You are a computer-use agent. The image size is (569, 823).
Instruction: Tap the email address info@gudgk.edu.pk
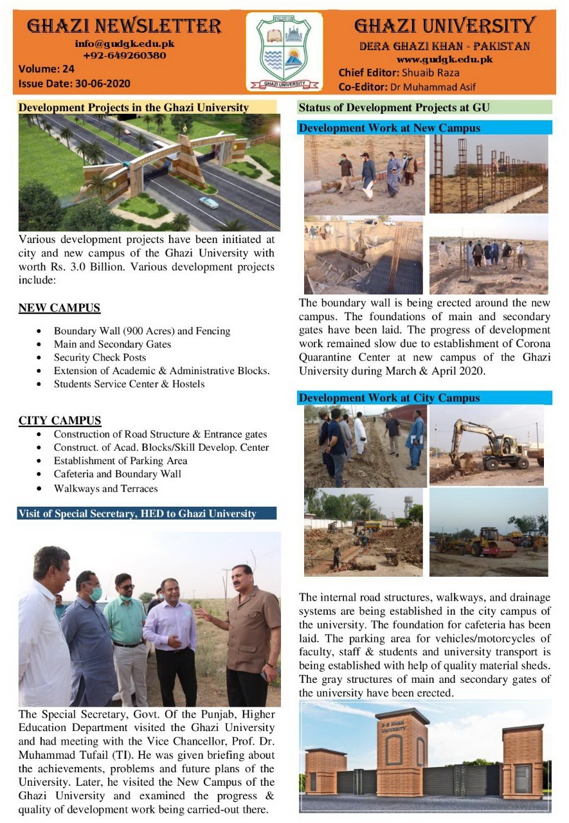click(x=124, y=44)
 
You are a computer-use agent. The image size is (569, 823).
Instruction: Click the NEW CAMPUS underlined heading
click(x=59, y=308)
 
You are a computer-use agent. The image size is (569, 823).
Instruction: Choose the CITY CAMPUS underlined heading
click(x=60, y=421)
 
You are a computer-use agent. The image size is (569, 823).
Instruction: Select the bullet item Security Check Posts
click(x=100, y=357)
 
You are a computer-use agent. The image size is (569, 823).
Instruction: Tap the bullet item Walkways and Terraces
click(x=105, y=488)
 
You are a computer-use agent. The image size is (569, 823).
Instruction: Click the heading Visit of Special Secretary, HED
click(x=137, y=513)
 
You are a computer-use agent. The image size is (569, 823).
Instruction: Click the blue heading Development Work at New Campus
click(x=390, y=128)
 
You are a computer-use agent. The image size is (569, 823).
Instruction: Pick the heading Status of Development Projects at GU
click(x=393, y=107)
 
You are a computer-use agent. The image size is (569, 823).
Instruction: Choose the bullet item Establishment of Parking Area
click(x=120, y=460)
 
